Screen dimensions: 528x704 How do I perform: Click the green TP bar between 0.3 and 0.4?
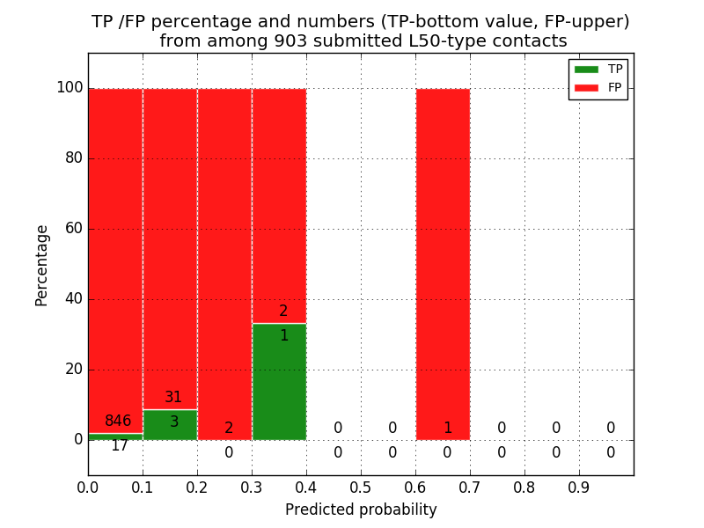coord(279,383)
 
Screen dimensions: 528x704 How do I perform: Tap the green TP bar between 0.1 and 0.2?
coord(170,425)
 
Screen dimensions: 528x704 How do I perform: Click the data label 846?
coord(118,422)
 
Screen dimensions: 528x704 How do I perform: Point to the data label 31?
coord(173,398)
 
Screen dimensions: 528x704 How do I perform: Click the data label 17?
coord(120,446)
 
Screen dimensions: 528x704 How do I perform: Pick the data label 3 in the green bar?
coord(174,422)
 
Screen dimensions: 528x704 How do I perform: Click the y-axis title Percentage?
coord(42,265)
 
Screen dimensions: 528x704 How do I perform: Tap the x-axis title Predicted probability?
coord(361,510)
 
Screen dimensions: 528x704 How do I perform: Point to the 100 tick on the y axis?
coord(70,88)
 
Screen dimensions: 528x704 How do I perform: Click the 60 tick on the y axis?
coord(73,229)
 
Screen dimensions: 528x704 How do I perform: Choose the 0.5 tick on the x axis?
coord(361,486)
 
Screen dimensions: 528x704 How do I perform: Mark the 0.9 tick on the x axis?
coord(579,486)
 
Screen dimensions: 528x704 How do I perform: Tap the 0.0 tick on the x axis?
coord(88,486)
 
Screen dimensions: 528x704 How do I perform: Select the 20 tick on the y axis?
coord(73,370)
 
